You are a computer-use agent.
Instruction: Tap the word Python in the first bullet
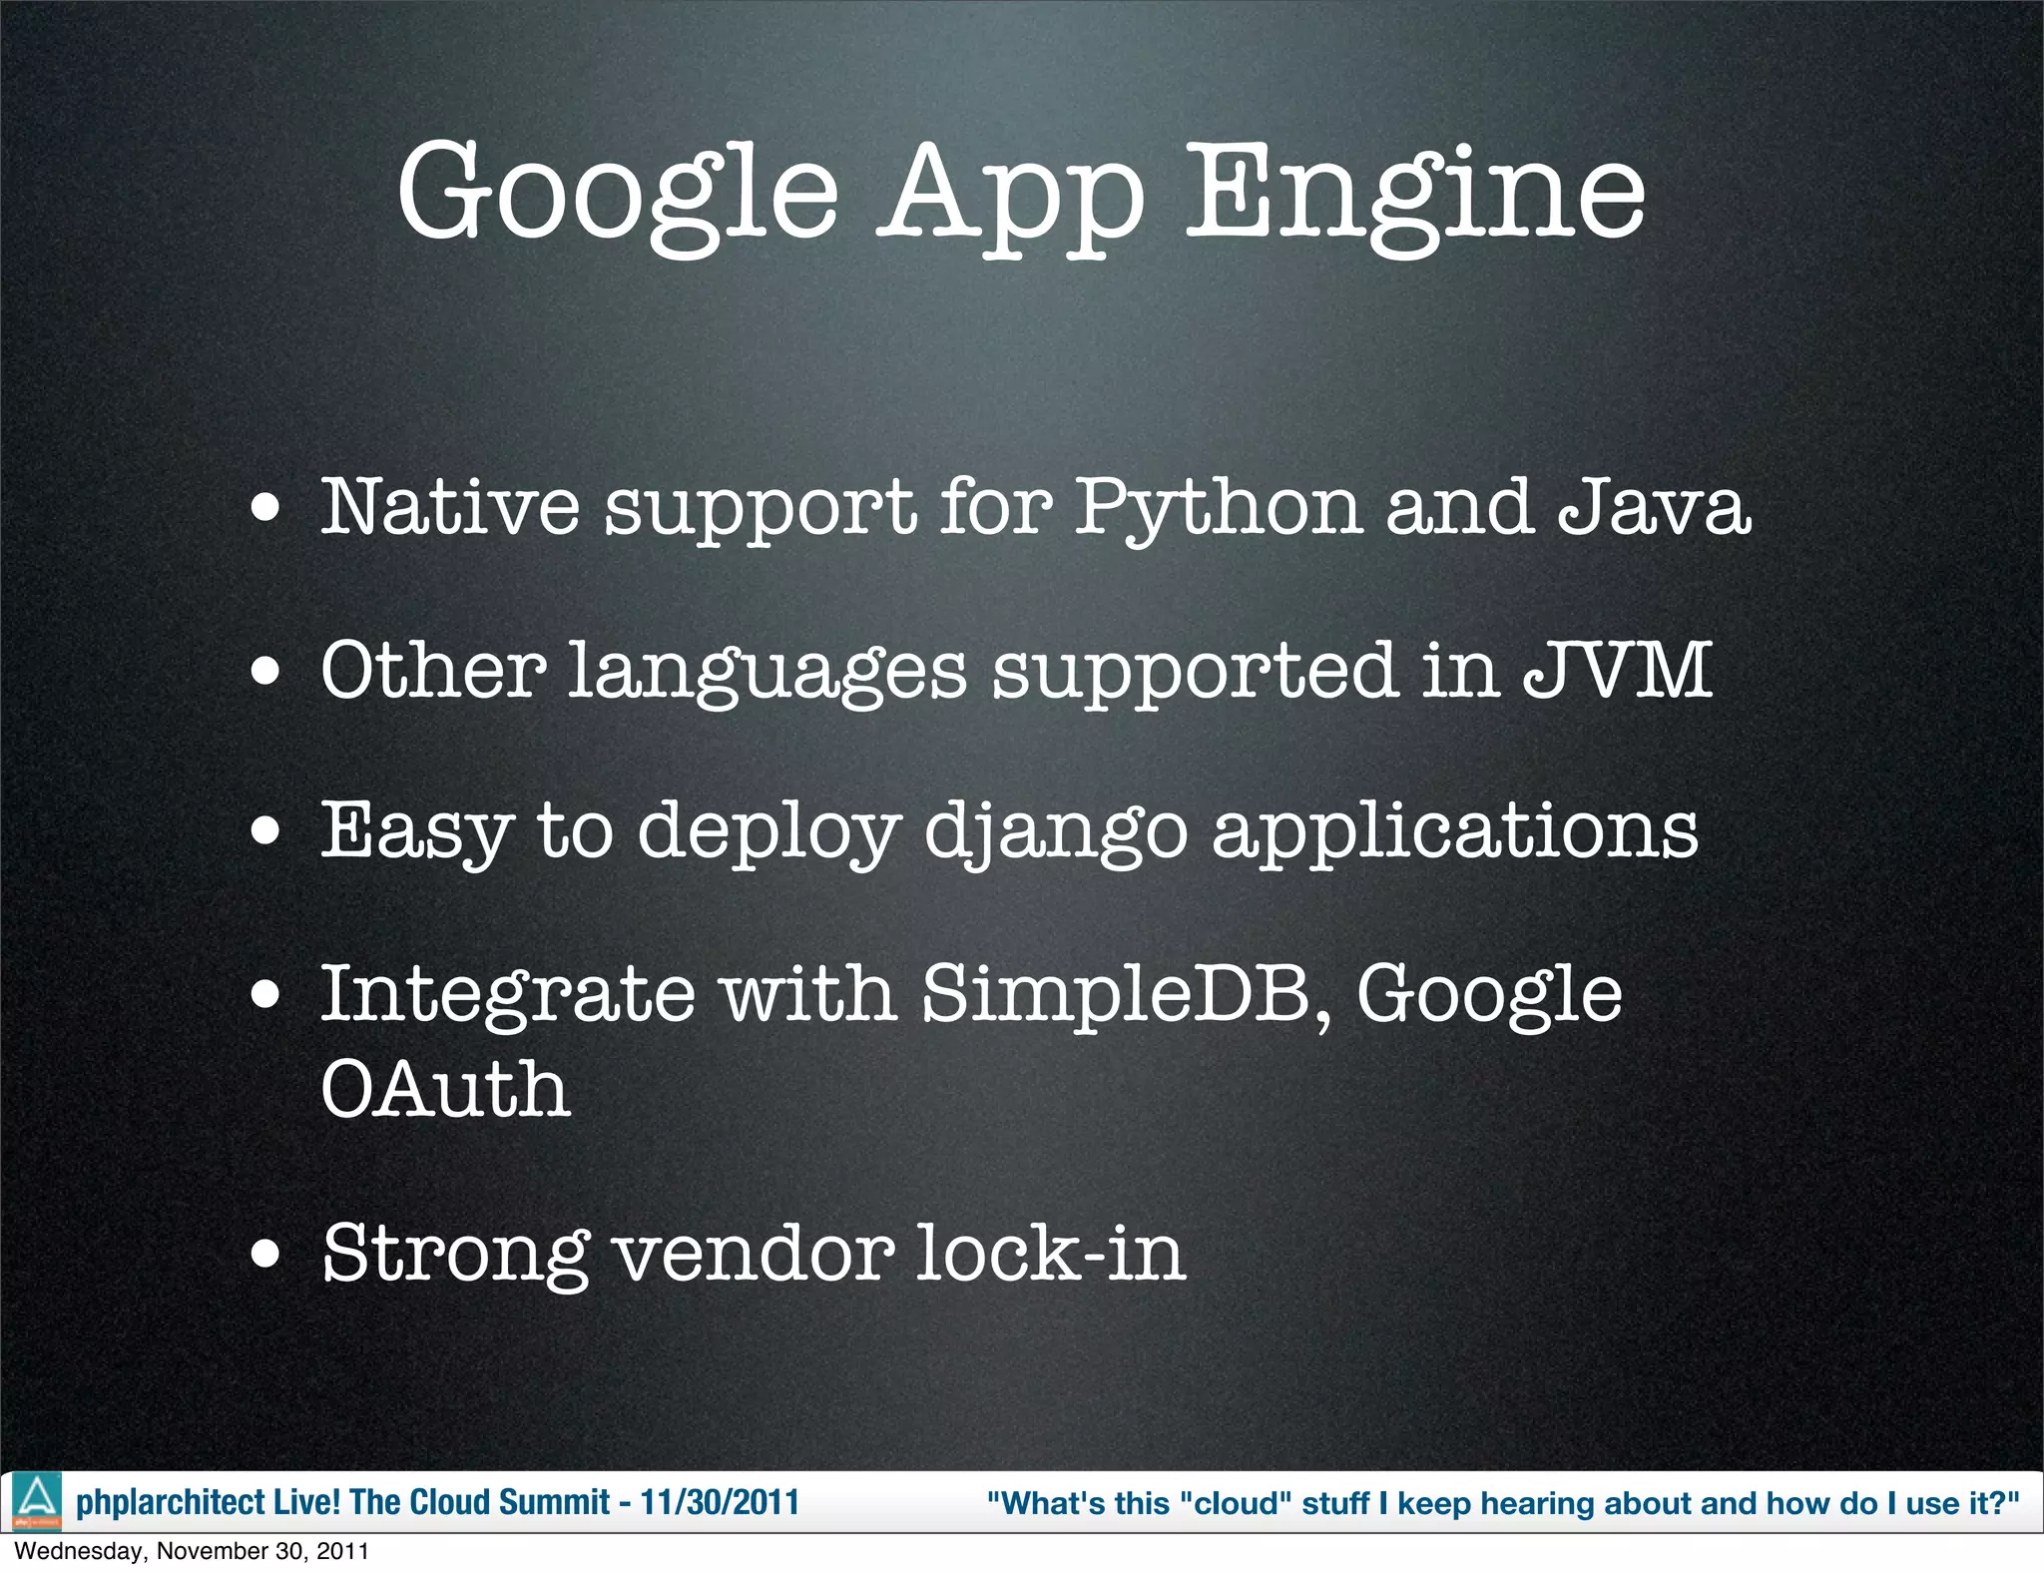(1217, 509)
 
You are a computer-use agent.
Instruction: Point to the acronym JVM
(1617, 671)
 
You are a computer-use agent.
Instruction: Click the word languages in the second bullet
(767, 674)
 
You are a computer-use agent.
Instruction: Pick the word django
(1056, 834)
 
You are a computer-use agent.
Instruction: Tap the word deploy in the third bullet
(768, 834)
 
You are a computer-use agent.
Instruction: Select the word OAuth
(445, 1089)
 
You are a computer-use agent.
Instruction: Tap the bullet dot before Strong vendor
(265, 1254)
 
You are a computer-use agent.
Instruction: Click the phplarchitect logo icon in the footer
(37, 1501)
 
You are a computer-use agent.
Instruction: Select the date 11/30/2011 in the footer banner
(720, 1502)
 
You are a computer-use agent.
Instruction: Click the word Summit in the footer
(559, 1502)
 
